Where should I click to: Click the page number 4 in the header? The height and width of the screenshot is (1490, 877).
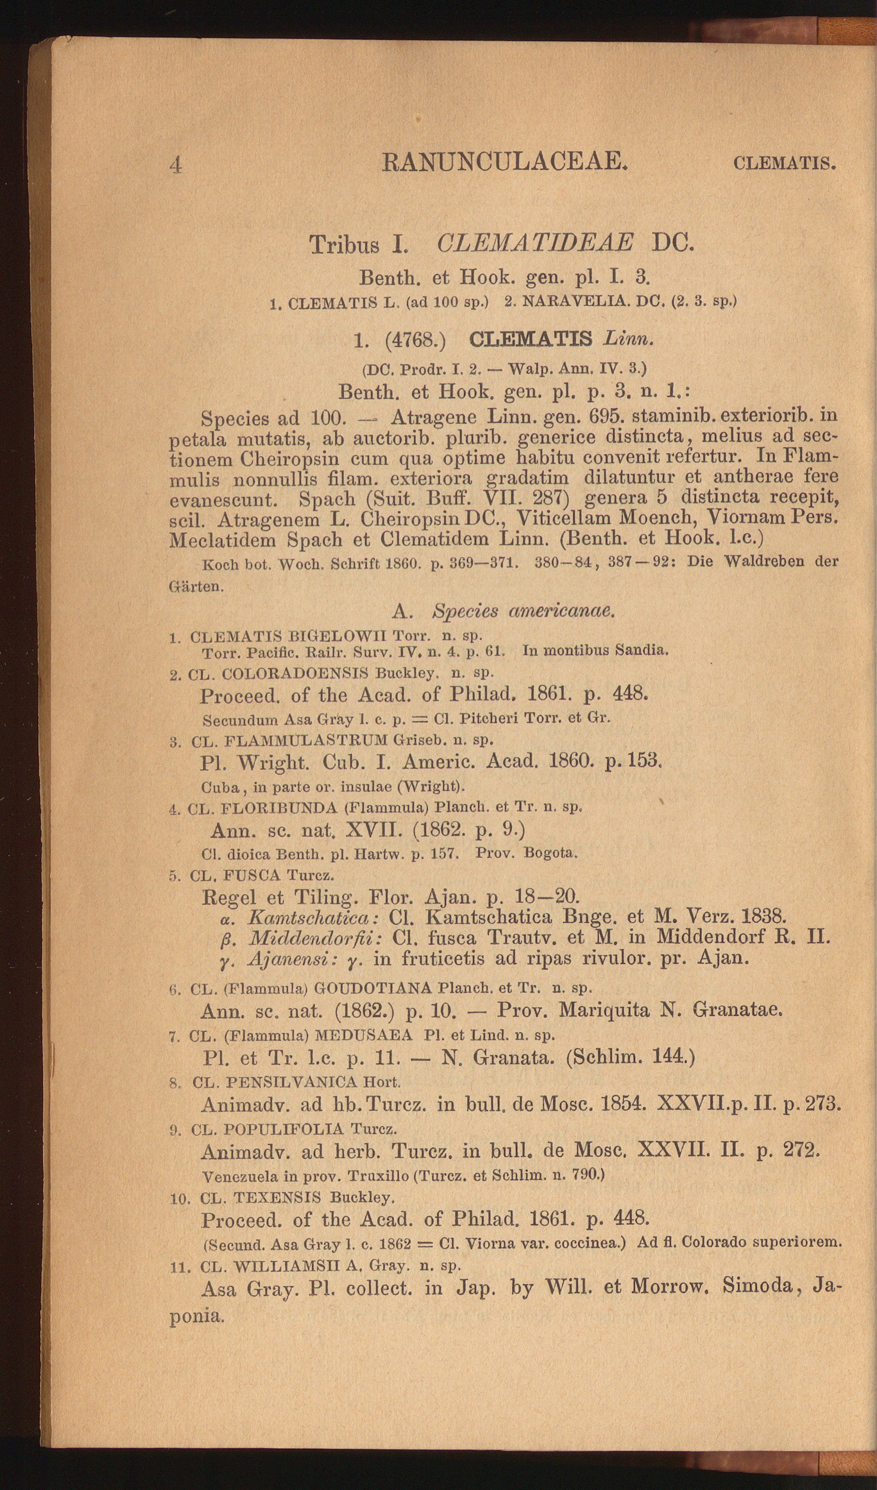pyautogui.click(x=176, y=164)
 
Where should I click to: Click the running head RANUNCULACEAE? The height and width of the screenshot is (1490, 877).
pyautogui.click(x=505, y=162)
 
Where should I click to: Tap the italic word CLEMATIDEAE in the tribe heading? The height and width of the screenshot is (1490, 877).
pyautogui.click(x=534, y=244)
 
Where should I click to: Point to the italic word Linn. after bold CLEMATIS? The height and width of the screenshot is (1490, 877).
pyautogui.click(x=629, y=340)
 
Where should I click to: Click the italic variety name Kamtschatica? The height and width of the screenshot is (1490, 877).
pyautogui.click(x=313, y=916)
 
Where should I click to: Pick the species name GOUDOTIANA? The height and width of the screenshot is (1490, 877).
pyautogui.click(x=372, y=988)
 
